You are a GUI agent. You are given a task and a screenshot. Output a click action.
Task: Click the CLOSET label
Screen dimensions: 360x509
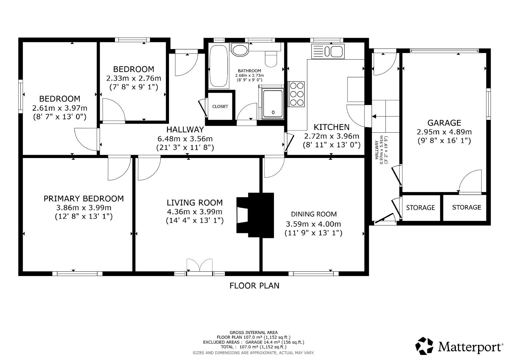tap(220, 107)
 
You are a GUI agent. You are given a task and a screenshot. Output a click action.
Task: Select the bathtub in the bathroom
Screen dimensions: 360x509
tap(218, 66)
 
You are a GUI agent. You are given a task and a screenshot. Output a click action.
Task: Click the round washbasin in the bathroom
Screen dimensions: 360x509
tap(240, 50)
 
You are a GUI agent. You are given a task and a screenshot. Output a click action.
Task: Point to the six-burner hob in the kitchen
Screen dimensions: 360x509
tap(296, 94)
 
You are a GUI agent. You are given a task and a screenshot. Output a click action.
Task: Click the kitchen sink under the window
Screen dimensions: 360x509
tap(328, 52)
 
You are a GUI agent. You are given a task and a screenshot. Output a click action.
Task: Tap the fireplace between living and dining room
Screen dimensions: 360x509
tap(255, 215)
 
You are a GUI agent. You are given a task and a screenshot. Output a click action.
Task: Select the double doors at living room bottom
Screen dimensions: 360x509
tap(199, 267)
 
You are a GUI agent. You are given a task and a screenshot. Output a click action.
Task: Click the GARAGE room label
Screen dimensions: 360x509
tap(444, 123)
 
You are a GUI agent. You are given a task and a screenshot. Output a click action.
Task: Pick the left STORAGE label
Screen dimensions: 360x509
tap(420, 208)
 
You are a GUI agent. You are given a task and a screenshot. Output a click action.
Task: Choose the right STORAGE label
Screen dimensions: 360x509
tap(466, 207)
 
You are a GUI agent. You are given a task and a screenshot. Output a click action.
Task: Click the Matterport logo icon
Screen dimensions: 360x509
tap(424, 346)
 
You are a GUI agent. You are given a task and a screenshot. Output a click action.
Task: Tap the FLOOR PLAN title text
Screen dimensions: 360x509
tap(254, 286)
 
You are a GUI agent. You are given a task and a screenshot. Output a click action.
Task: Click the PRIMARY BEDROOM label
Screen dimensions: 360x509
tap(84, 199)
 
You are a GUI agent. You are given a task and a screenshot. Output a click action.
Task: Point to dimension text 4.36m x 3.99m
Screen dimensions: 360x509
tap(194, 212)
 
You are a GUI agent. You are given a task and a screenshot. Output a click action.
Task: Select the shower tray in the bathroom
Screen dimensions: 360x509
tap(273, 104)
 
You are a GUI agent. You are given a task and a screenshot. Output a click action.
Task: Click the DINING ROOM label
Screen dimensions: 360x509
tap(314, 214)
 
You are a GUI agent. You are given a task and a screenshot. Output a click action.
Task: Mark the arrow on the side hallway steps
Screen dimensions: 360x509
tap(374, 116)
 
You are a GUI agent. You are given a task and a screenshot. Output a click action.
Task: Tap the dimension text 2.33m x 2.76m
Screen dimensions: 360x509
tap(133, 78)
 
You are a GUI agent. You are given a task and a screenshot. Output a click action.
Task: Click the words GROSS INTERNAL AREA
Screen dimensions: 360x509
tap(253, 332)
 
